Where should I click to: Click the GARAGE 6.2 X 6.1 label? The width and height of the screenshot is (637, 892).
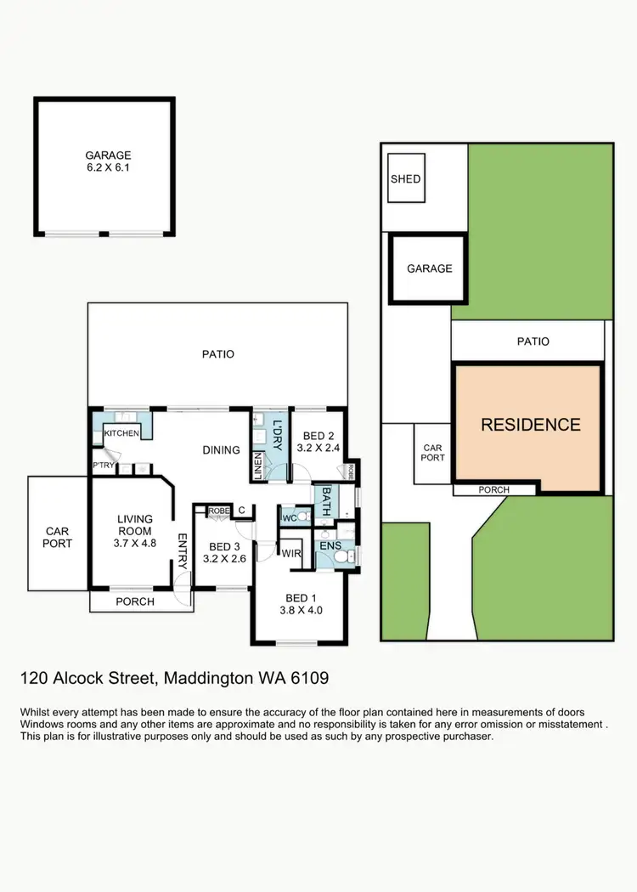[x=108, y=161]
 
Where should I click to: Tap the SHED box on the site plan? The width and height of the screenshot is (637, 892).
[x=405, y=179]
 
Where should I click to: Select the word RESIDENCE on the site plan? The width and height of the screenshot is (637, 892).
[x=531, y=425]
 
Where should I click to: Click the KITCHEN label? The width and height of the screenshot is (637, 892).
[x=121, y=434]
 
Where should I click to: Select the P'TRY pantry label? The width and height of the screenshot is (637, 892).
[x=103, y=466]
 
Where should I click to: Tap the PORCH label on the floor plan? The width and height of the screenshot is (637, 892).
[x=135, y=601]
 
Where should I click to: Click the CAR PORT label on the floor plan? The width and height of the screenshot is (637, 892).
[x=58, y=537]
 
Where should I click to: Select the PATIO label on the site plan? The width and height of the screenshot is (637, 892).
[x=533, y=342]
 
